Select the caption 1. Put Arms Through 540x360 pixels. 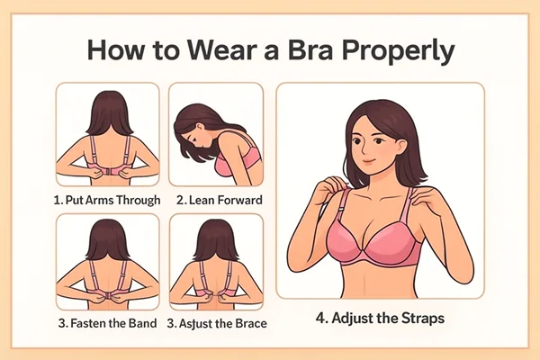108,200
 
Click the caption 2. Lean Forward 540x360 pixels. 215,200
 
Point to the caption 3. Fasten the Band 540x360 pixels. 107,323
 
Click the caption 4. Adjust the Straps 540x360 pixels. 380,318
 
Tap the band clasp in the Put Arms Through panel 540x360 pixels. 108,169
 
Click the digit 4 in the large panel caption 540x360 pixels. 320,318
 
